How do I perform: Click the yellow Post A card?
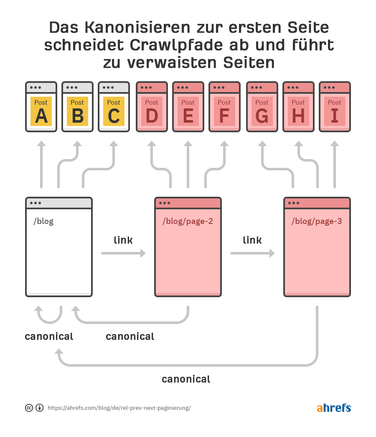tap(41, 111)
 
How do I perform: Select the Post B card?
tap(77, 111)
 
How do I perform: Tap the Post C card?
tap(114, 111)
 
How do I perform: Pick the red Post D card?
tap(152, 111)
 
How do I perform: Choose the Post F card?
tap(224, 111)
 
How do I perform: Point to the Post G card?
tap(262, 111)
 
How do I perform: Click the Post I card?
tap(335, 111)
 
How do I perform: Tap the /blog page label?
tap(43, 221)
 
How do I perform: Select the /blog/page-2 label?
tap(188, 221)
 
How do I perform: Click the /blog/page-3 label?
tap(317, 221)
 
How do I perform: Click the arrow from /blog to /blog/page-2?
tap(123, 253)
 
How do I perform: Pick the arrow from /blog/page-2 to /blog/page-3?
tap(252, 253)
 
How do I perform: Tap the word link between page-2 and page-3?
tap(252, 240)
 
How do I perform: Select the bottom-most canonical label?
tap(186, 379)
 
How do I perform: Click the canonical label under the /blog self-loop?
tap(49, 337)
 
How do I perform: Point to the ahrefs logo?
tap(334, 408)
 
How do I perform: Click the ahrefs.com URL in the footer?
tap(119, 408)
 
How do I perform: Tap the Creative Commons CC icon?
tap(29, 408)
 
